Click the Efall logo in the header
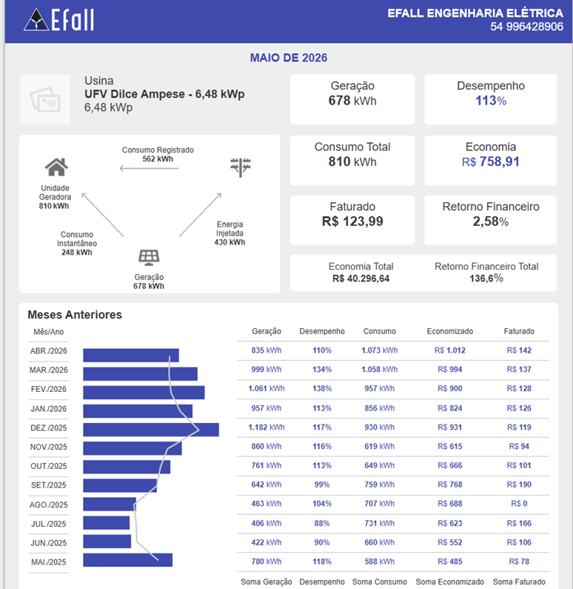click(59, 19)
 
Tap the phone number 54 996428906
click(526, 27)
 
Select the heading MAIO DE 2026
click(289, 58)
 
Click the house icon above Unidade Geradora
click(57, 167)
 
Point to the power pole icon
click(241, 167)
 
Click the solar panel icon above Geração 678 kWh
click(149, 257)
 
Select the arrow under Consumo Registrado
click(149, 168)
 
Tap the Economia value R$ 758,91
click(490, 162)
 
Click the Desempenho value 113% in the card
click(491, 101)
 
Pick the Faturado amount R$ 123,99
click(352, 222)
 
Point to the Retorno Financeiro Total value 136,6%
click(486, 279)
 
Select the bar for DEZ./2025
click(151, 430)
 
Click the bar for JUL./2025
click(107, 523)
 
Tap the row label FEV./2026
click(48, 389)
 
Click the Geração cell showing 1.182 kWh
click(267, 427)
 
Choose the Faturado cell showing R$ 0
click(519, 504)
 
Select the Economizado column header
click(450, 331)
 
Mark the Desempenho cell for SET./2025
click(322, 485)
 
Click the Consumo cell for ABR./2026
click(379, 350)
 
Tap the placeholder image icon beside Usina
click(45, 99)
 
